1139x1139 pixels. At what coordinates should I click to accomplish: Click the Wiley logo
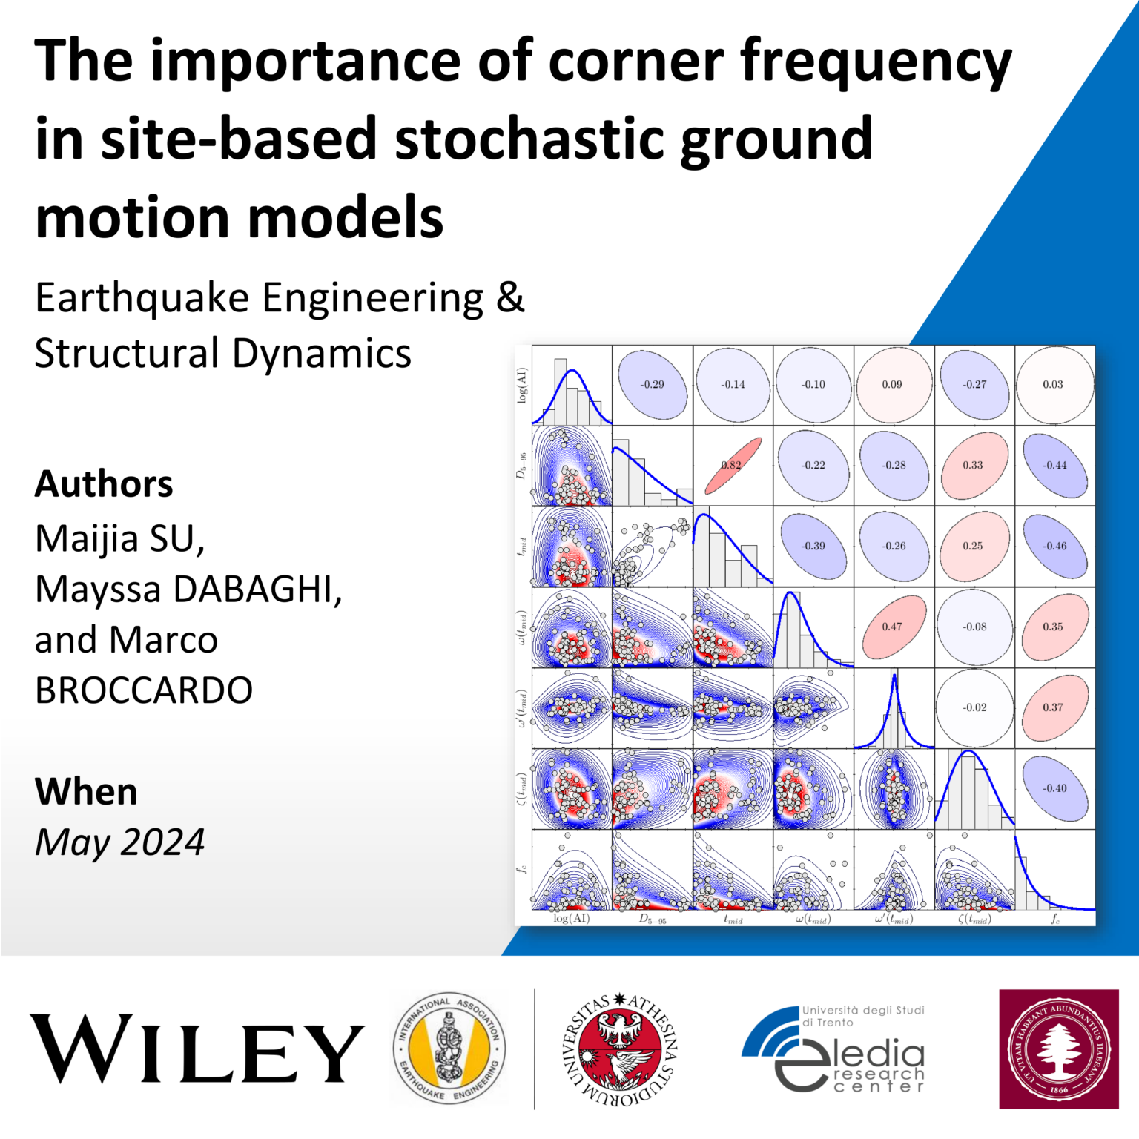(197, 1049)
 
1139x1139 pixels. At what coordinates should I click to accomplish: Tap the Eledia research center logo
(834, 1049)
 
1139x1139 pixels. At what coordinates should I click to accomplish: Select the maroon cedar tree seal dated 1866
(1058, 1049)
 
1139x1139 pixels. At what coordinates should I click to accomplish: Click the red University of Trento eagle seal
(619, 1049)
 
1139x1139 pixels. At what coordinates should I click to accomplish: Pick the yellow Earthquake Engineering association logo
(449, 1049)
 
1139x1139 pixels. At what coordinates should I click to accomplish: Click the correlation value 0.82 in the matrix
(732, 466)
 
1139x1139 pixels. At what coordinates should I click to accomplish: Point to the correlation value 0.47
(892, 627)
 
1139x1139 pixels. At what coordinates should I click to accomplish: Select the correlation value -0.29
(653, 385)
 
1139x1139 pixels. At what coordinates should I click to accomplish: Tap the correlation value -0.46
(1054, 546)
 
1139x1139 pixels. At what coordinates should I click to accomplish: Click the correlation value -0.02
(974, 707)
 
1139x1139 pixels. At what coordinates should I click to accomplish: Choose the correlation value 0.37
(1053, 707)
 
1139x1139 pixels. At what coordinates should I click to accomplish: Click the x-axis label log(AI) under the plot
(572, 919)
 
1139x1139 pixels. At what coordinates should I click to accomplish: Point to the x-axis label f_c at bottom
(1055, 920)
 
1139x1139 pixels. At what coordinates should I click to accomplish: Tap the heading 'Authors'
(104, 484)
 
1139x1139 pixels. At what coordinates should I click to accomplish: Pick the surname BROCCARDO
(144, 690)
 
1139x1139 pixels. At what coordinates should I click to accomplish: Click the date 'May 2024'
(119, 842)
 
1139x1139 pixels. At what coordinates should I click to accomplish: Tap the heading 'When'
(86, 792)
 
